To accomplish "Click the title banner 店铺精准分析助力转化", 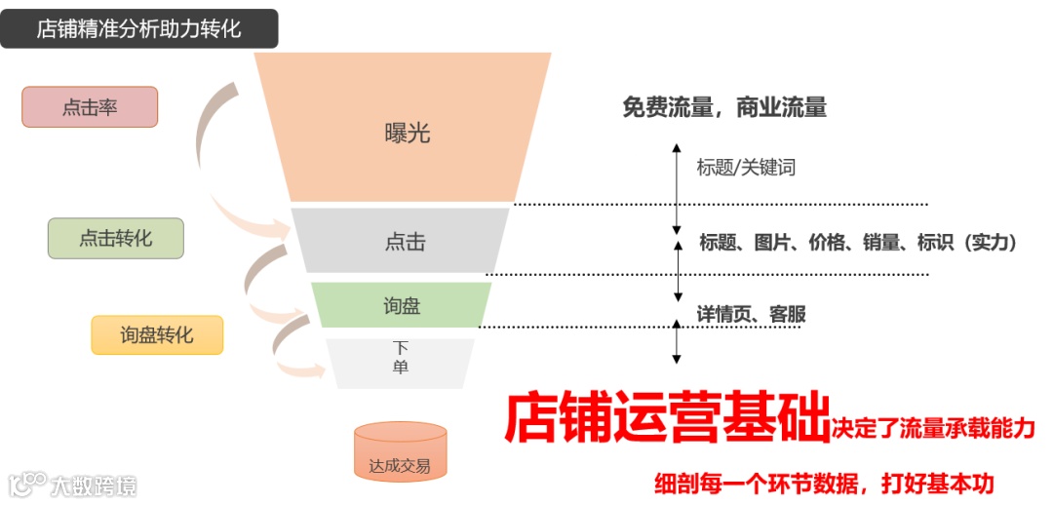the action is coord(138,28).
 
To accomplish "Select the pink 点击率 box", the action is coord(90,107).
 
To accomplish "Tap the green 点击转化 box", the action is coord(115,238).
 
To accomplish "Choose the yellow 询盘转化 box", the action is coord(157,334).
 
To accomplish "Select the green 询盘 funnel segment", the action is coord(402,305).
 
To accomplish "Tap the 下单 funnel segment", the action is coord(401,358).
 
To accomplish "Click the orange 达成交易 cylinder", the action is coord(400,452).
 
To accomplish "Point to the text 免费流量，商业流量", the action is coord(723,108).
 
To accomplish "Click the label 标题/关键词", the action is coord(746,168).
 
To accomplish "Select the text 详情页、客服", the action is coord(751,314).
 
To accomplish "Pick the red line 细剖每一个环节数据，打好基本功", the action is coord(824,483).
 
